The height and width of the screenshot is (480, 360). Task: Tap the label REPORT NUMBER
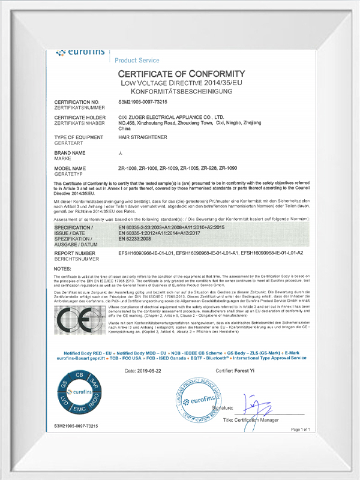point(76,254)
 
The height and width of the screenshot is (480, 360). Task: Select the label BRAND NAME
point(70,154)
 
